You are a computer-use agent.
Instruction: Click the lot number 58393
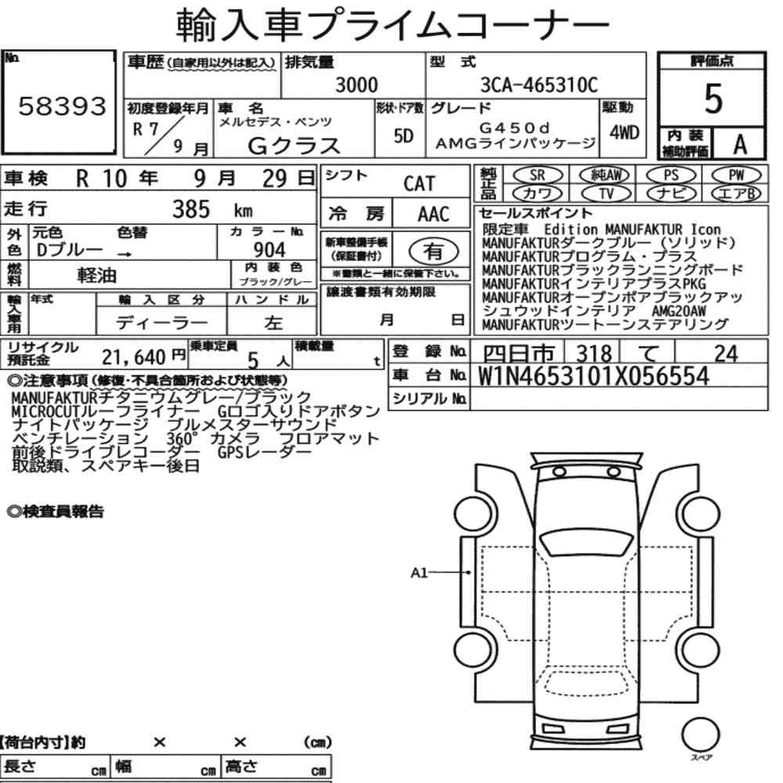63,106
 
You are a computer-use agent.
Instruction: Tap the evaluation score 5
713,99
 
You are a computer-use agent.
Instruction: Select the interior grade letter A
740,144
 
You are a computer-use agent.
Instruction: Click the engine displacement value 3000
356,85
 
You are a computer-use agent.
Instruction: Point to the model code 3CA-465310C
539,85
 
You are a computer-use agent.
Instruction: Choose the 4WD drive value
624,132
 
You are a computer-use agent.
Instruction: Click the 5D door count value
403,135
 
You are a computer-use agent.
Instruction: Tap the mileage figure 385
191,209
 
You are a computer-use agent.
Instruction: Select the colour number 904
269,250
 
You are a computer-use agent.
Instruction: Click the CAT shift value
420,183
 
